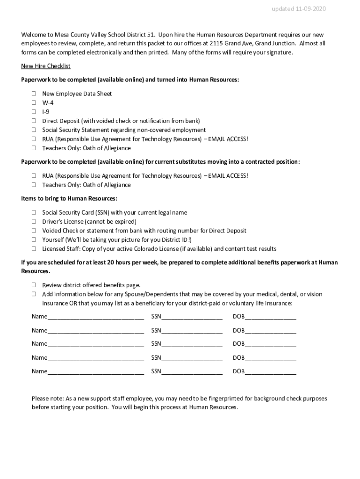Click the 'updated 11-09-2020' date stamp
(305, 9)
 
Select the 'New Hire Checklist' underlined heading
(46, 66)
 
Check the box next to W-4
(34, 103)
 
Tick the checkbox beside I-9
(34, 112)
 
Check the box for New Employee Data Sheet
(34, 94)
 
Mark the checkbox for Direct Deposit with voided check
(34, 121)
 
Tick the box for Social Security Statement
(34, 130)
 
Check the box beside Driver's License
(34, 222)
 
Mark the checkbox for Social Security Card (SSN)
(34, 212)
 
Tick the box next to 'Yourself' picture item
(34, 240)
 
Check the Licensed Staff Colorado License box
(34, 249)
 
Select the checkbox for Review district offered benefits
(34, 285)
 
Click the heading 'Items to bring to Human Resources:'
(69, 199)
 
